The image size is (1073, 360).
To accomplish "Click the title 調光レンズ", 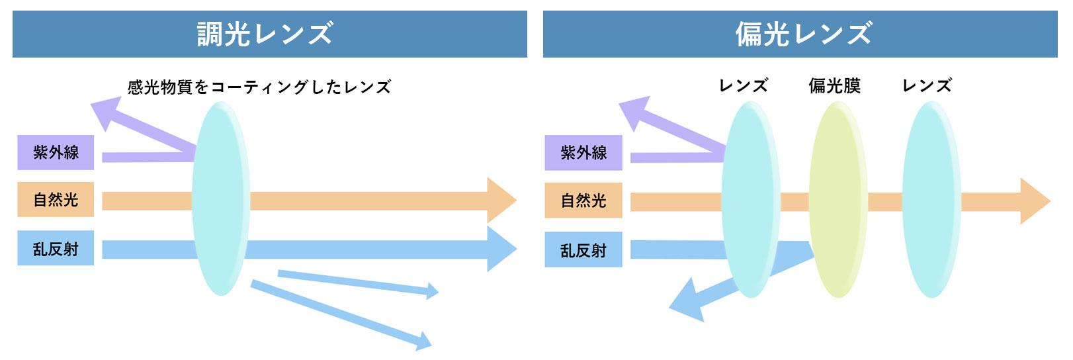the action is pyautogui.click(x=265, y=34).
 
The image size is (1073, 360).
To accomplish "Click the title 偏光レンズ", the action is pyautogui.click(x=804, y=34).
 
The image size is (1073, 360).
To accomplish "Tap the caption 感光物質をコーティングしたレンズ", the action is pyautogui.click(x=259, y=87).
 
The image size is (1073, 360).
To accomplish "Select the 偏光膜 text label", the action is pyautogui.click(x=834, y=86).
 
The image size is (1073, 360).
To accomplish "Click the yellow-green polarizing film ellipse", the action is pyautogui.click(x=838, y=199).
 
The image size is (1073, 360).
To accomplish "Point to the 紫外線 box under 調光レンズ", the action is pyautogui.click(x=56, y=152).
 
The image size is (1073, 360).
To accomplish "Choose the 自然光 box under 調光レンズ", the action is pyautogui.click(x=56, y=199).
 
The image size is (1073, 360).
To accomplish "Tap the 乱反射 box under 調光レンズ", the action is pyautogui.click(x=56, y=248).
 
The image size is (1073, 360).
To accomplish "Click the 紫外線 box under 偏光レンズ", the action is pyautogui.click(x=583, y=153).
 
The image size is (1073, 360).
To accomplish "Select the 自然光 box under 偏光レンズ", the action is pyautogui.click(x=583, y=201).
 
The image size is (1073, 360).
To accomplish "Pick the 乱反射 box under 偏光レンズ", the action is pyautogui.click(x=583, y=249).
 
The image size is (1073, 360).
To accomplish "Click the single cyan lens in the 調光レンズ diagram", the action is pyautogui.click(x=221, y=199).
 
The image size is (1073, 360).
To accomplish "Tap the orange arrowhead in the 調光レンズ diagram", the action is pyautogui.click(x=501, y=201).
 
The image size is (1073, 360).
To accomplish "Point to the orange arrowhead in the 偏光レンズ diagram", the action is pyautogui.click(x=1034, y=201).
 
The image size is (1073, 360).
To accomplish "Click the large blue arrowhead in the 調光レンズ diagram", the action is pyautogui.click(x=501, y=249).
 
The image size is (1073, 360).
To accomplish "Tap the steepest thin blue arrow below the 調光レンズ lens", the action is pyautogui.click(x=341, y=314).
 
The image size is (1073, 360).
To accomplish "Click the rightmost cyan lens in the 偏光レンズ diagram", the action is pyautogui.click(x=931, y=199).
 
